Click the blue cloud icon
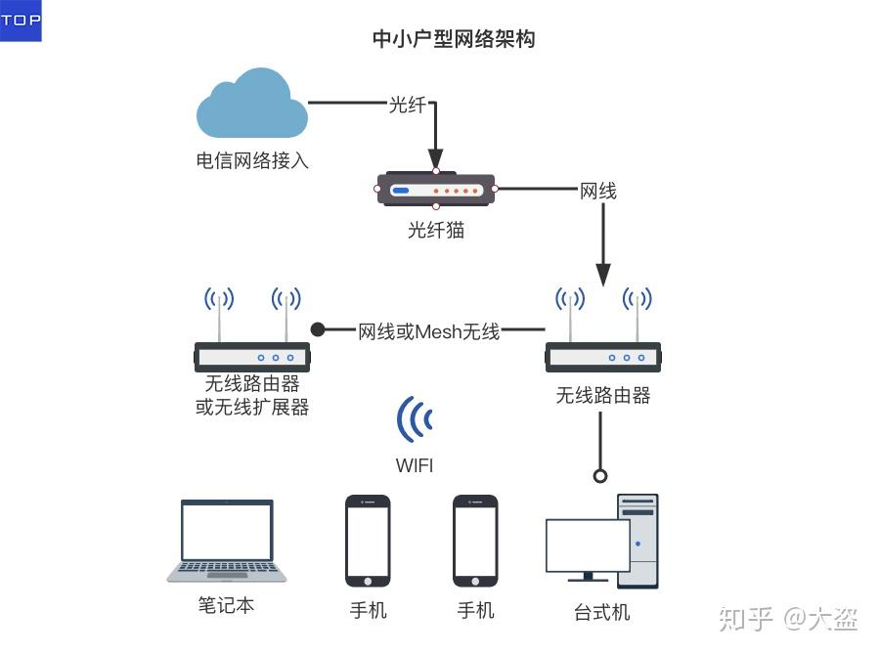point(252,105)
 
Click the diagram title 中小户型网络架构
point(454,39)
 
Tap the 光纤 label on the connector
point(408,105)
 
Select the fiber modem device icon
point(435,190)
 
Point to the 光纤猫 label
point(436,230)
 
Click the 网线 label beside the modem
point(597,191)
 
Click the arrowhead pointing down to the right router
point(603,275)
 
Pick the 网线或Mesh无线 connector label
point(429,331)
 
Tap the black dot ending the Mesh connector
point(318,329)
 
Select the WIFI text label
point(415,465)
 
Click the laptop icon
point(227,540)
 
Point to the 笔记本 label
point(226,605)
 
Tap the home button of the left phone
point(368,582)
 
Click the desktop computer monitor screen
point(588,545)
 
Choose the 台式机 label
point(601,612)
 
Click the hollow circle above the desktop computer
point(600,476)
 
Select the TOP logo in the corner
point(21,21)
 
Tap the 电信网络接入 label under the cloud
point(252,160)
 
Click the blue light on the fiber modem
point(401,191)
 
